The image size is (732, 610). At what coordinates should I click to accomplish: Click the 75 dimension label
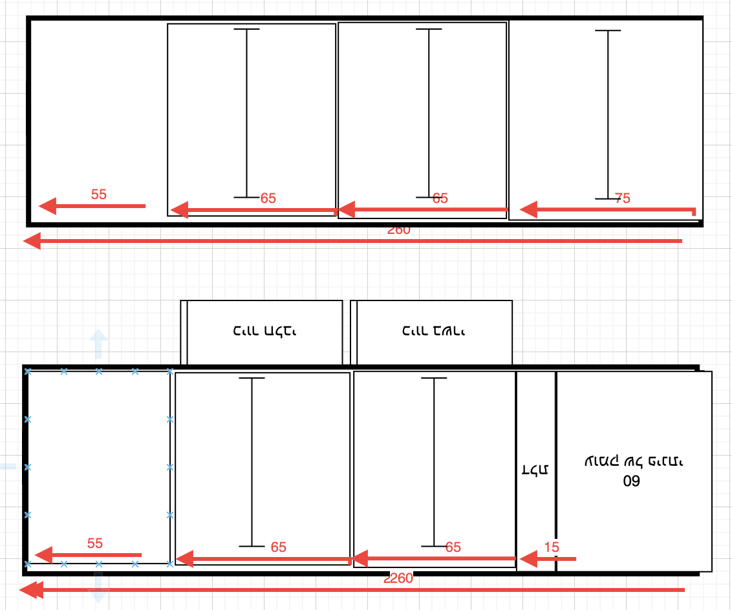coord(622,198)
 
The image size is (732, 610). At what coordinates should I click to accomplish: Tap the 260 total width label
coord(398,229)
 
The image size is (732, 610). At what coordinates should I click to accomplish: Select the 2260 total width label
coord(398,578)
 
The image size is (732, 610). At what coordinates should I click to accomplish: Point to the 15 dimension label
coord(552,547)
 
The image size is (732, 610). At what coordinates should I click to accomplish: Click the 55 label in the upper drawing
coord(98,194)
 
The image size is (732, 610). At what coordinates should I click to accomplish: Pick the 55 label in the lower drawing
coord(94,543)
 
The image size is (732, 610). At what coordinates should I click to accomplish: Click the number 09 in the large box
coord(630,481)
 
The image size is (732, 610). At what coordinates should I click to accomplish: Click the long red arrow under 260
coord(352,241)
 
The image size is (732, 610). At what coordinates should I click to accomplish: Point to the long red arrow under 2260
coord(352,590)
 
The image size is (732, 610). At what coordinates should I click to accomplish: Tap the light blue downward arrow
coord(98,588)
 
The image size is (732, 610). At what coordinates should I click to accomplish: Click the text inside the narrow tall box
coord(535,470)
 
